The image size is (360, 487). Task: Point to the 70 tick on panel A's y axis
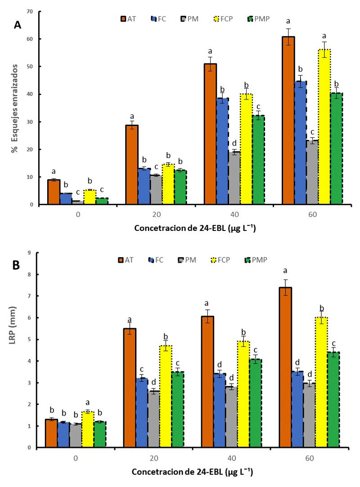tap(31, 11)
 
